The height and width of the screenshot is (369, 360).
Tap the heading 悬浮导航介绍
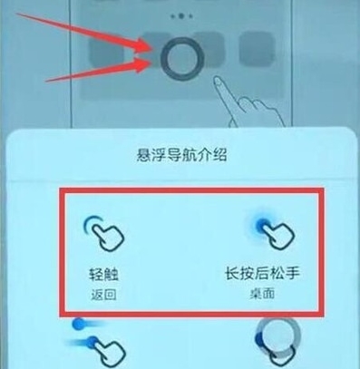[181, 155]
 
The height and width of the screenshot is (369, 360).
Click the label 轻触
[103, 275]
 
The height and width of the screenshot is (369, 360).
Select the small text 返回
[103, 295]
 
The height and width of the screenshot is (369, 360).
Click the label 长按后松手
[262, 273]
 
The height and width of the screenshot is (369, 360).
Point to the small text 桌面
[262, 294]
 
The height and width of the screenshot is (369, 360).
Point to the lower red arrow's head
[145, 65]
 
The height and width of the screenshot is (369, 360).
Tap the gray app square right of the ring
[257, 50]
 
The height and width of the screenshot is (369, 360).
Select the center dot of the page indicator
[180, 16]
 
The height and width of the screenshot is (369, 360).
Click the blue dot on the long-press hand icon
[262, 225]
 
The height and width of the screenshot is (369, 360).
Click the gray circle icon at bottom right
[277, 335]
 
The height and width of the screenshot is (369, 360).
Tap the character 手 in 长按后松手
[292, 273]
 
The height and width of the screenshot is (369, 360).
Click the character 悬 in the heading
[143, 155]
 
